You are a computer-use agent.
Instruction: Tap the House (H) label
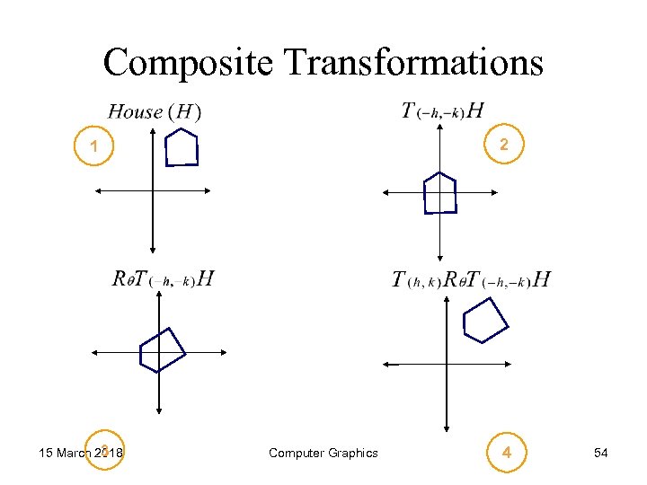pos(154,111)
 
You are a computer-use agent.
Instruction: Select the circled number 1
pos(93,146)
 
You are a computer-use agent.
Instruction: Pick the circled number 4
pos(507,453)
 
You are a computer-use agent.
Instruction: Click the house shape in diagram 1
pos(182,148)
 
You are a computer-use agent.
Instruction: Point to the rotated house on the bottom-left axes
pos(162,348)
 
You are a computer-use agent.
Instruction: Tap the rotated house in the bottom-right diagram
pos(484,318)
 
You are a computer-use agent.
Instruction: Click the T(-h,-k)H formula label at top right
pos(443,110)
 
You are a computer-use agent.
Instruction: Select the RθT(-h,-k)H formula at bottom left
pos(163,278)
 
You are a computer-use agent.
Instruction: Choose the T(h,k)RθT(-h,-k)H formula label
pos(471,279)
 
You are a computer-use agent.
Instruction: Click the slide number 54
pos(601,453)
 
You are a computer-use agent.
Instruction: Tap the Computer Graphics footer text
pos(323,453)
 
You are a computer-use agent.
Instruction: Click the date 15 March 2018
pos(82,453)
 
